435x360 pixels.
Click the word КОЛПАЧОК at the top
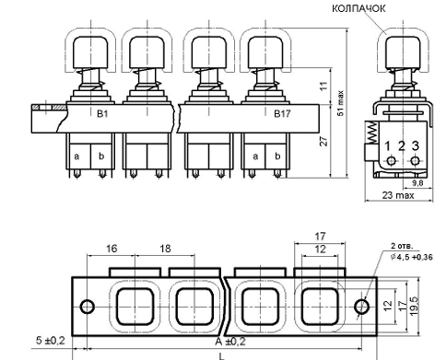[x=359, y=8]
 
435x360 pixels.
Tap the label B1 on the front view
[x=102, y=114]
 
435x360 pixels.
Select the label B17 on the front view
[x=282, y=114]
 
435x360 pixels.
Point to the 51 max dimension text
[x=341, y=103]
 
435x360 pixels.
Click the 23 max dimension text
[x=398, y=195]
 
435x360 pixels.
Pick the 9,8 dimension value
[x=417, y=183]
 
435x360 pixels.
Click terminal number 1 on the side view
[x=388, y=146]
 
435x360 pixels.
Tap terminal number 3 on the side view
[x=415, y=145]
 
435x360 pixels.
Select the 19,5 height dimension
[x=414, y=306]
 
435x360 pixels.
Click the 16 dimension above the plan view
[x=112, y=249]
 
